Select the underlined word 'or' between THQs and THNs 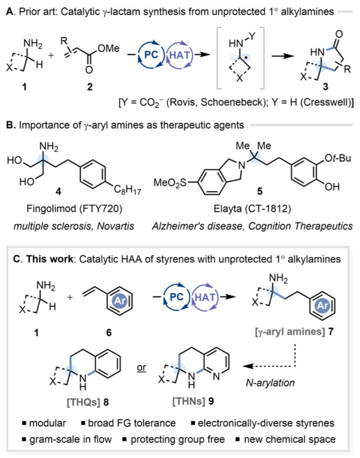pos(141,365)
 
